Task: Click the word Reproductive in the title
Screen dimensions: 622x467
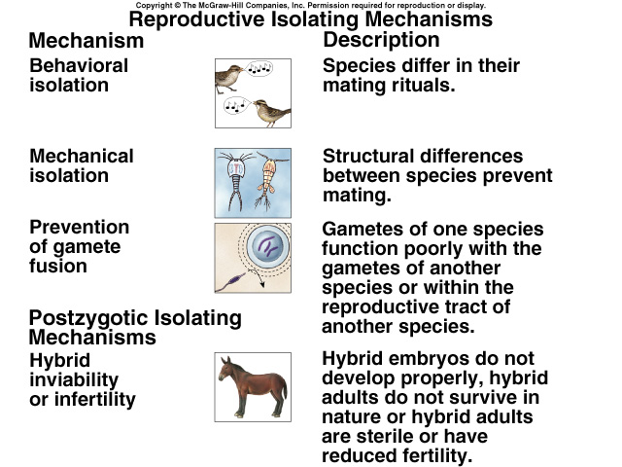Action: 196,19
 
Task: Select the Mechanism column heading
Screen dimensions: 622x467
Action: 86,41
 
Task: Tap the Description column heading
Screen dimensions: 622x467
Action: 381,39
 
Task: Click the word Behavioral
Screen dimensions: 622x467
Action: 79,65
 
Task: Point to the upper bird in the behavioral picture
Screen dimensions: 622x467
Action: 229,78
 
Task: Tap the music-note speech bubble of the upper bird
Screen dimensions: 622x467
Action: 259,69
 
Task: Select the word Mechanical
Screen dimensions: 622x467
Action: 82,156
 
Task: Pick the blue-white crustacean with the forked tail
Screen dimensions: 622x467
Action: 236,179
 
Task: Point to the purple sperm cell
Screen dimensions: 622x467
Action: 231,281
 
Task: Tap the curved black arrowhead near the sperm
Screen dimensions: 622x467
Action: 261,284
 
